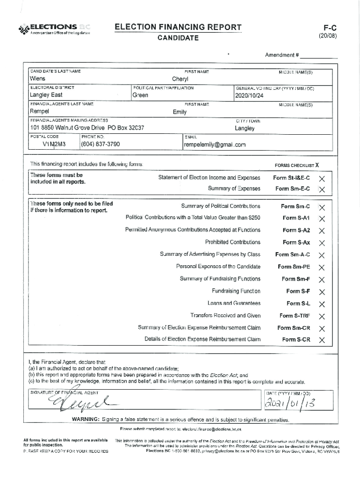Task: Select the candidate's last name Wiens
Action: pos(38,79)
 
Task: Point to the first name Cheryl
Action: pos(180,79)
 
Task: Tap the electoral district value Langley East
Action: pos(46,95)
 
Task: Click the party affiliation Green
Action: pos(140,95)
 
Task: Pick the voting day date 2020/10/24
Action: pos(250,95)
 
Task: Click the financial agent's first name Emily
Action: pos(180,112)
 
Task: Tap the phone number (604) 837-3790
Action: pos(100,144)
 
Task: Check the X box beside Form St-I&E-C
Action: pos(322,179)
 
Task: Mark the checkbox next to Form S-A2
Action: pos(322,231)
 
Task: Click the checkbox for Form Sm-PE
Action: pos(322,268)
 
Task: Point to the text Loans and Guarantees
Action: pos(234,304)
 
